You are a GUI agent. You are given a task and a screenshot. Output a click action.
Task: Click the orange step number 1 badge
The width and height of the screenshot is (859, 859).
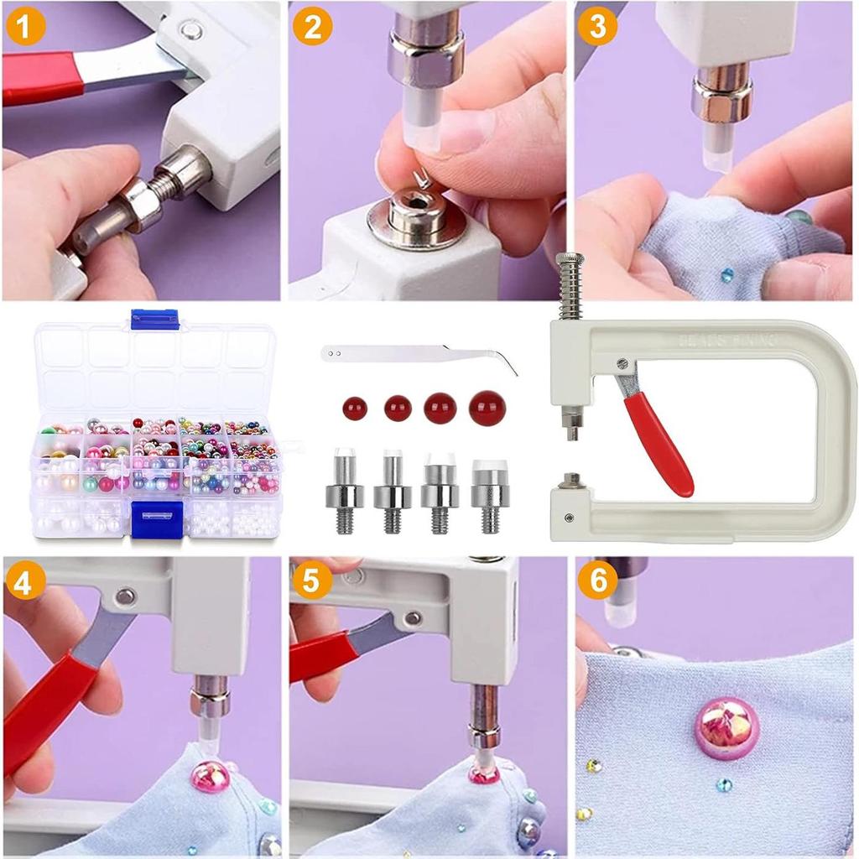click(26, 27)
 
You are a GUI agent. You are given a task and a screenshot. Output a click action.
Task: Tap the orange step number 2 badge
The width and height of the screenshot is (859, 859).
click(313, 27)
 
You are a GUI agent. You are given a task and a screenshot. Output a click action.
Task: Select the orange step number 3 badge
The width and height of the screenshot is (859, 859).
click(598, 27)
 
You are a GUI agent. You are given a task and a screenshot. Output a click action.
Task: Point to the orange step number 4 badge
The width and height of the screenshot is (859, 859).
click(26, 581)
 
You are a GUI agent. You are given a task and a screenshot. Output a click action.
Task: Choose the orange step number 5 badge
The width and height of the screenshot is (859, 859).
click(313, 581)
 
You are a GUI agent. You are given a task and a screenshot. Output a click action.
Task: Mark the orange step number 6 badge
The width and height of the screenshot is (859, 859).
click(598, 581)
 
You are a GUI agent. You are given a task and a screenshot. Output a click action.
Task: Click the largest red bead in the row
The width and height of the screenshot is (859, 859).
click(487, 408)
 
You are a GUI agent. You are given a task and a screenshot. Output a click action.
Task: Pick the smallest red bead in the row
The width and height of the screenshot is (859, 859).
click(355, 409)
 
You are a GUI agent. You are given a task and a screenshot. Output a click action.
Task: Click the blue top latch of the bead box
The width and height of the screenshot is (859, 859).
click(155, 319)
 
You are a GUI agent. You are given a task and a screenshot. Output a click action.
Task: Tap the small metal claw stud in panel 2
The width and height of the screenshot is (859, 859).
click(422, 178)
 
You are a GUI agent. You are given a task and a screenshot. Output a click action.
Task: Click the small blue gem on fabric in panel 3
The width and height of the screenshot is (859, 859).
click(727, 274)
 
